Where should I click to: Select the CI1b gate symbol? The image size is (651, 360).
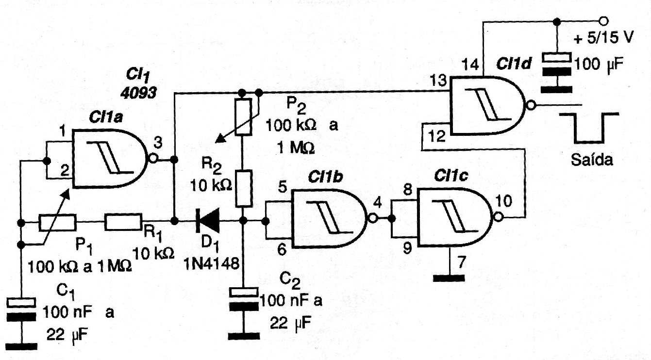click(330, 218)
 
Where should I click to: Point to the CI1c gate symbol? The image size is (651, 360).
click(455, 217)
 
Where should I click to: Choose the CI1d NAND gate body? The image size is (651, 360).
click(487, 105)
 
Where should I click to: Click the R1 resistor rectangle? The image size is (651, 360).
click(123, 222)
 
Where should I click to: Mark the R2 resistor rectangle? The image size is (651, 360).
click(243, 189)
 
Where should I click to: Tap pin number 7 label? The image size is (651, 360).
click(462, 262)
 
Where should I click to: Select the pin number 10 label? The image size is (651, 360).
click(503, 201)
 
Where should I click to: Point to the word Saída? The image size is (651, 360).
click(592, 159)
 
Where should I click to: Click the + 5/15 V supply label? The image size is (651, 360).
click(603, 38)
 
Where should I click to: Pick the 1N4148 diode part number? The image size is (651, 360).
click(211, 264)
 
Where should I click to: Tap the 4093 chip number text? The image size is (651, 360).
click(138, 93)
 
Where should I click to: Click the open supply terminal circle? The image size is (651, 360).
click(603, 21)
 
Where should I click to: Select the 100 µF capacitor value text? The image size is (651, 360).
click(599, 64)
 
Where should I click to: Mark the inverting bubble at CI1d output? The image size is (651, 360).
click(531, 105)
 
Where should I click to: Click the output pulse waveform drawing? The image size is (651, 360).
click(589, 128)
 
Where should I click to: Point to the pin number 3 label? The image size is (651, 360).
click(157, 143)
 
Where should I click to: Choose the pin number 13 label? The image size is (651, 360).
click(438, 80)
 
